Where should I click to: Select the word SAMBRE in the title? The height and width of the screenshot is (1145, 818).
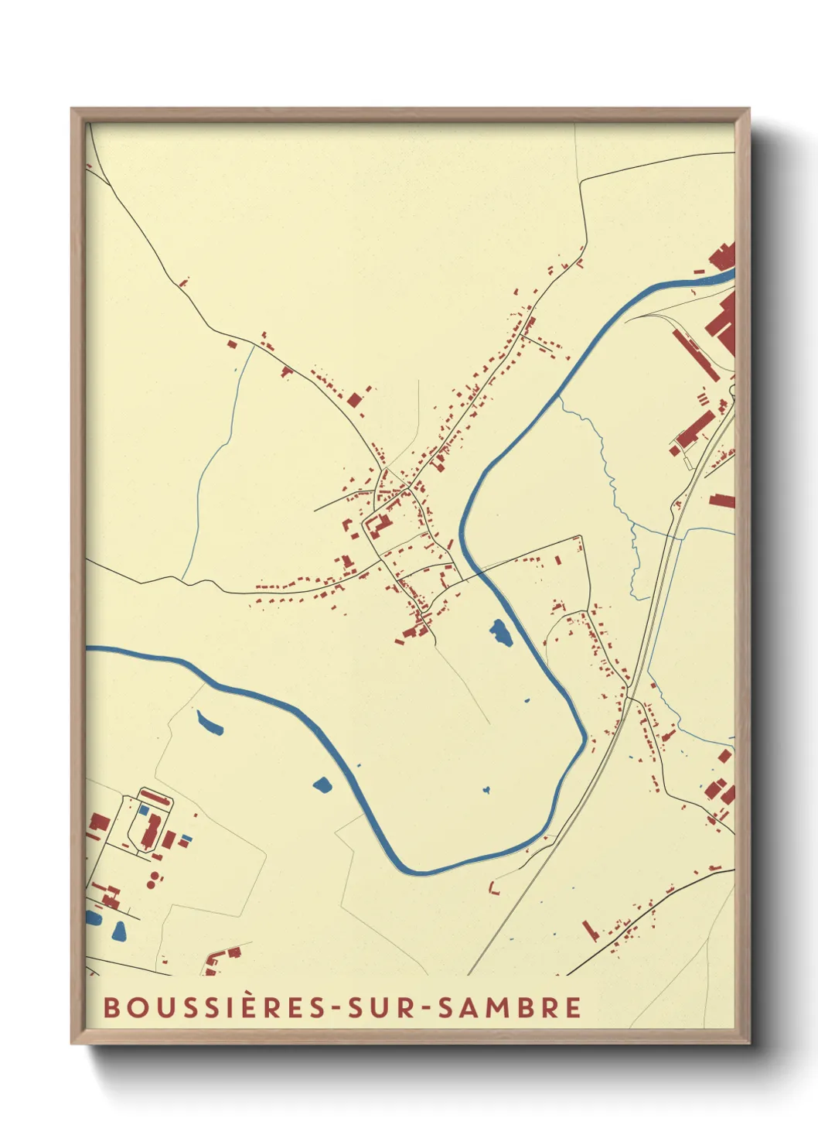point(510,1007)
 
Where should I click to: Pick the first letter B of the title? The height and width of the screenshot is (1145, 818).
point(111,1007)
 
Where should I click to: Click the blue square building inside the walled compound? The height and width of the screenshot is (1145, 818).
point(144,808)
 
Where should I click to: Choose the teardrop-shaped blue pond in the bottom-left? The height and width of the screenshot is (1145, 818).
point(118,931)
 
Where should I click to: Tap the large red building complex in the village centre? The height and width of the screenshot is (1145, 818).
point(378,526)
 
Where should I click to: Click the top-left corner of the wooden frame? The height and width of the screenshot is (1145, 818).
point(72,109)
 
